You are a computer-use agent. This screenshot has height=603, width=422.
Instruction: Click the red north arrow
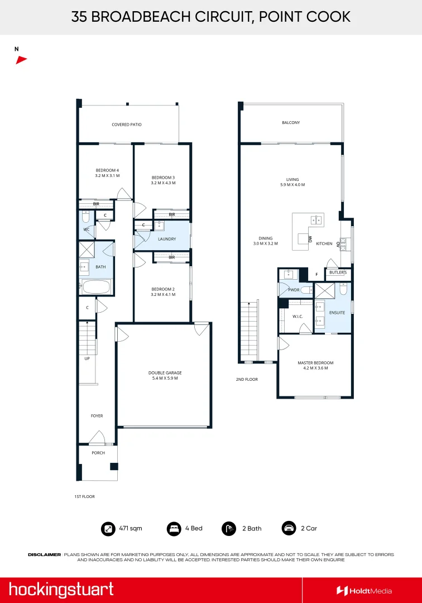[21, 60]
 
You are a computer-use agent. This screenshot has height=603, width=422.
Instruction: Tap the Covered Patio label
[127, 125]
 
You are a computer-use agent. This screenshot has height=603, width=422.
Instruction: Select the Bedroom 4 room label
[107, 170]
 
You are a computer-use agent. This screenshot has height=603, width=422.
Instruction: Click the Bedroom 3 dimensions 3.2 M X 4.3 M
[163, 183]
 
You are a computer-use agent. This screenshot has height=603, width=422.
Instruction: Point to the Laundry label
[166, 239]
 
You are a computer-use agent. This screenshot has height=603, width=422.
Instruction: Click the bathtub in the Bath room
[97, 288]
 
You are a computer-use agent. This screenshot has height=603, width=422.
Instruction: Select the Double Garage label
[165, 373]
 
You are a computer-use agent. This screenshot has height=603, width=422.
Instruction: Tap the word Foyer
[97, 416]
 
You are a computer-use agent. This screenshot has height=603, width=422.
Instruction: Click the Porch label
[98, 453]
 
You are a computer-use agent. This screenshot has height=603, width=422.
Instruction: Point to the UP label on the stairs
[87, 358]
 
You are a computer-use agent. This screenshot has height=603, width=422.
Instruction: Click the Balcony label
[290, 122]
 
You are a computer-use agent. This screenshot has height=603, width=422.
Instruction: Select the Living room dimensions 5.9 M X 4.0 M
[292, 184]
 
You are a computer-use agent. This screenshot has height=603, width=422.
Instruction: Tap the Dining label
[265, 238]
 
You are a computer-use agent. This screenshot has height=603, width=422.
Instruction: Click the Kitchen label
[324, 243]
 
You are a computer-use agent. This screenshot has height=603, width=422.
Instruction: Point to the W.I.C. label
[297, 317]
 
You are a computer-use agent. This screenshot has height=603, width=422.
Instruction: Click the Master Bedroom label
[315, 363]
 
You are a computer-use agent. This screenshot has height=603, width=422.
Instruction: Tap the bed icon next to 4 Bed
[174, 528]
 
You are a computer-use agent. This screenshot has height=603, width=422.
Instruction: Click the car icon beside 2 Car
[289, 528]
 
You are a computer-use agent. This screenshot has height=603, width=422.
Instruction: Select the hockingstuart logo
[61, 590]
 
